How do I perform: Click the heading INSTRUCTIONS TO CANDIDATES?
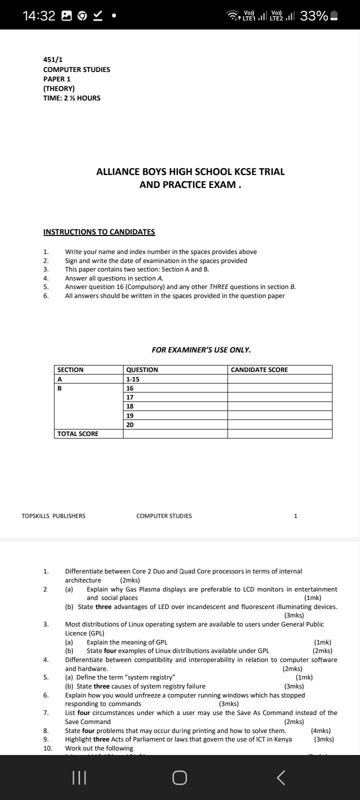[99, 232]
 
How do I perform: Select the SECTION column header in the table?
[70, 370]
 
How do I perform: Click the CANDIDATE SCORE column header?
[259, 370]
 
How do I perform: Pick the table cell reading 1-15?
[132, 379]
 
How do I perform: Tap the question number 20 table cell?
[130, 424]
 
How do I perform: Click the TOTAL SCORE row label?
[78, 434]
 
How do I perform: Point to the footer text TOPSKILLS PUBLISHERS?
[53, 516]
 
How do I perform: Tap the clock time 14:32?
[39, 16]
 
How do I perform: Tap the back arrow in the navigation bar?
[281, 777]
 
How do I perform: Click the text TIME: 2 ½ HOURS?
[72, 98]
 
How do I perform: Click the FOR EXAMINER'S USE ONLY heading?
[201, 350]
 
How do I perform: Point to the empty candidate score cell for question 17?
[279, 397]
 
